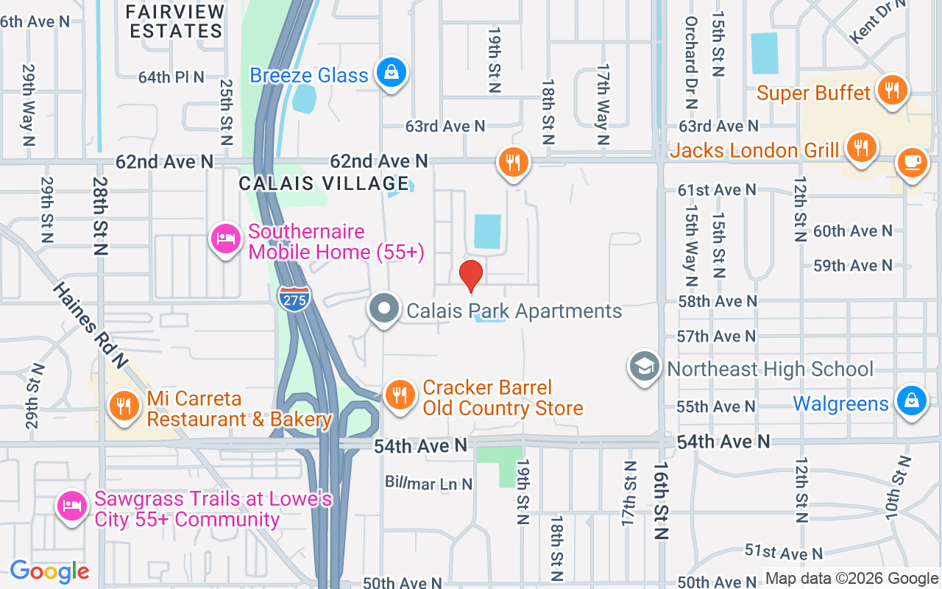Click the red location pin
(x=471, y=275)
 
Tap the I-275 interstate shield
(x=294, y=297)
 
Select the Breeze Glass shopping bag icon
(x=392, y=73)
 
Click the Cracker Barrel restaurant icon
(x=400, y=395)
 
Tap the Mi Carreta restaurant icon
(x=124, y=406)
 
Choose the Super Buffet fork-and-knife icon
(x=893, y=91)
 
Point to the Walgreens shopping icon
(x=911, y=402)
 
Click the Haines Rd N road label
(x=91, y=325)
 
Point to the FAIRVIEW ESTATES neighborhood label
(x=174, y=21)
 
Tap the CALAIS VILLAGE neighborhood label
(x=324, y=183)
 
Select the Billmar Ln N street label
(x=429, y=483)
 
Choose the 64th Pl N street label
(x=171, y=77)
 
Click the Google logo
(x=50, y=571)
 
